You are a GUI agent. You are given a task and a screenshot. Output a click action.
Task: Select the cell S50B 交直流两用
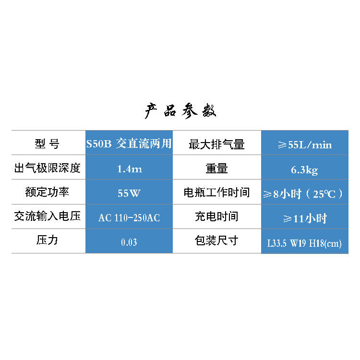pos(129,144)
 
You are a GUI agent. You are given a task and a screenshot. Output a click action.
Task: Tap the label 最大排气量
pos(217,144)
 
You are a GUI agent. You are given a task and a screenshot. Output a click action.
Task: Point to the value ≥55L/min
pos(304,144)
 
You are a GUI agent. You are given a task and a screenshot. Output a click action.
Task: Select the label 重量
pos(216,168)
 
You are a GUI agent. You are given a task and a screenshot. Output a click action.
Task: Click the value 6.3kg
pos(304,169)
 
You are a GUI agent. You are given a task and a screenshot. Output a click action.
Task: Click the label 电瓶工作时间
pos(217,193)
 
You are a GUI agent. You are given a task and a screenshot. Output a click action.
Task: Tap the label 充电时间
pos(216,216)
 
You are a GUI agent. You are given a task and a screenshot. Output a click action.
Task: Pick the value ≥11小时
pos(304,218)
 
